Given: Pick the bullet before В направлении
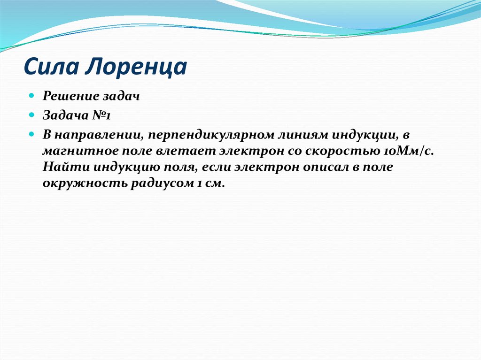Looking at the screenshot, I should [x=31, y=134].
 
